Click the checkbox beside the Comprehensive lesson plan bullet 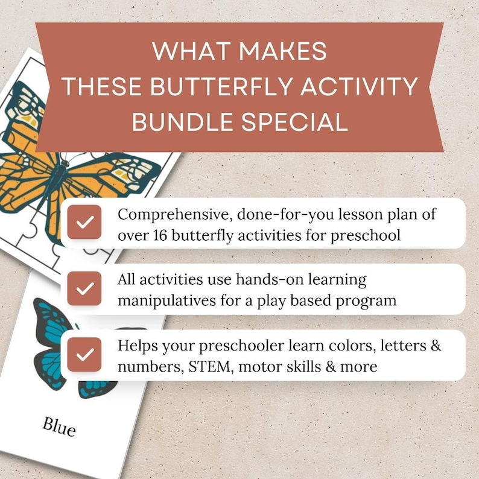(x=84, y=222)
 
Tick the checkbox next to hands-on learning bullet (x=84, y=288)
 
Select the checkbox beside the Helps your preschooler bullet (x=84, y=354)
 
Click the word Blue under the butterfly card (x=59, y=426)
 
